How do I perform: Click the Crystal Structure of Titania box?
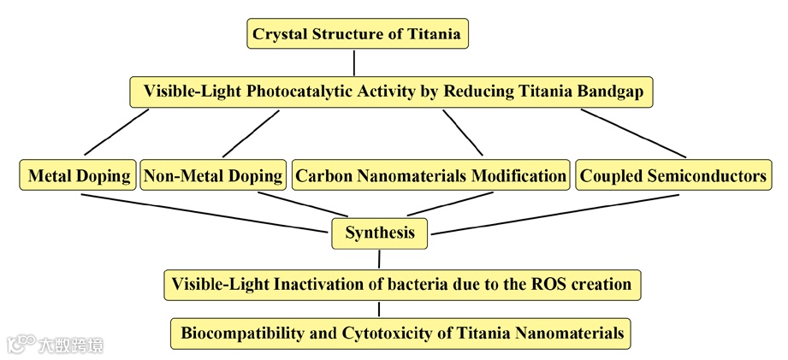coord(358,35)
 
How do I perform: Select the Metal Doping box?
coord(79,176)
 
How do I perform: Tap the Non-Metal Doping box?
coord(213,176)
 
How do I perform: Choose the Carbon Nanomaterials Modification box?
coord(430,176)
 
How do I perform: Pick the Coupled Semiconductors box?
coord(673,176)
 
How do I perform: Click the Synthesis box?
coord(379,233)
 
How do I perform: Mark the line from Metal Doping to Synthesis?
coord(205,212)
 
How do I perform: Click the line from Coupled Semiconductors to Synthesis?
coord(556,214)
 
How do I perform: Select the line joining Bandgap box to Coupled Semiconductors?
coord(633,133)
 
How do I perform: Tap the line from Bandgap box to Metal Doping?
coord(116,133)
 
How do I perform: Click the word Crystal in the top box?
coord(281,35)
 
